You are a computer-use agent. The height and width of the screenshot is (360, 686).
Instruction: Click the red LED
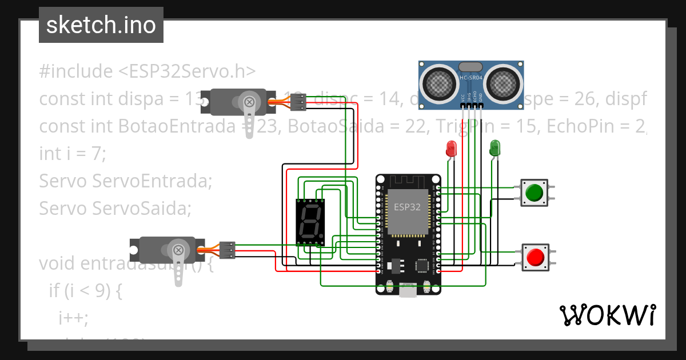(451, 149)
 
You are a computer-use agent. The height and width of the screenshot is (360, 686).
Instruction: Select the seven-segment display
(310, 222)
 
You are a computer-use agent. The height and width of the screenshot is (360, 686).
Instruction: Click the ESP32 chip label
(407, 207)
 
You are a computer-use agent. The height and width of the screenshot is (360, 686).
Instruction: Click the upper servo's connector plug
(298, 102)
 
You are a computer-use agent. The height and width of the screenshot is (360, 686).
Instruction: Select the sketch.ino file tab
(101, 25)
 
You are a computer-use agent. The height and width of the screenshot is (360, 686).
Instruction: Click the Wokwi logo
(607, 315)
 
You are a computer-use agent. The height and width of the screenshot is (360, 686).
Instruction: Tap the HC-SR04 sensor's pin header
(472, 105)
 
